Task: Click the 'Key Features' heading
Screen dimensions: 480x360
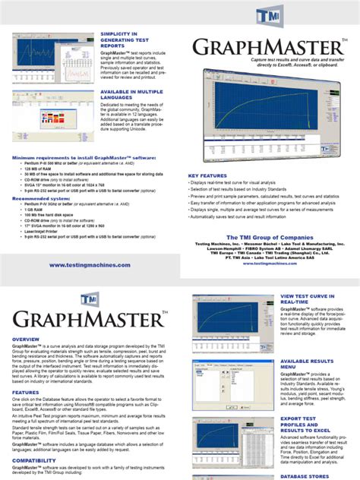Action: click(x=207, y=175)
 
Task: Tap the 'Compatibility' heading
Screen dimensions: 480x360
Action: click(x=34, y=460)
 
